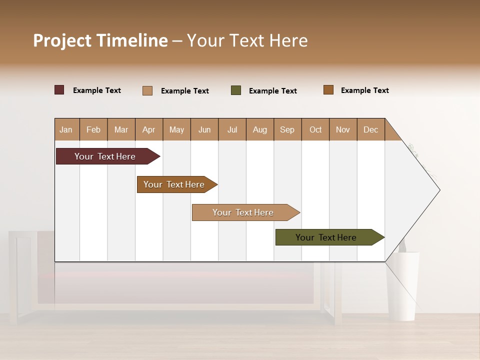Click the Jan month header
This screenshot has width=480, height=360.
tap(66, 129)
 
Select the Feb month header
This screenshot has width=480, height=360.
tap(93, 129)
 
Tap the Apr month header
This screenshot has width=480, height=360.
tap(148, 129)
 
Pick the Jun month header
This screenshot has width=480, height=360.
tap(204, 129)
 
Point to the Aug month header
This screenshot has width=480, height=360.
tap(259, 129)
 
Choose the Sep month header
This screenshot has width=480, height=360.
tap(287, 129)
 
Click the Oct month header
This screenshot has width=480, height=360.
tap(315, 129)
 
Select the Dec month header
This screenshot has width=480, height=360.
tap(370, 129)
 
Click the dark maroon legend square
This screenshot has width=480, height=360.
tap(59, 90)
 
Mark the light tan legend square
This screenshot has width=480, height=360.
tap(147, 90)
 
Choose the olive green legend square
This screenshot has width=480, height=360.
tap(236, 90)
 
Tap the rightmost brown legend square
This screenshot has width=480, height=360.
tap(328, 90)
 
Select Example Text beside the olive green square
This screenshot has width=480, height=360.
tap(272, 91)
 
